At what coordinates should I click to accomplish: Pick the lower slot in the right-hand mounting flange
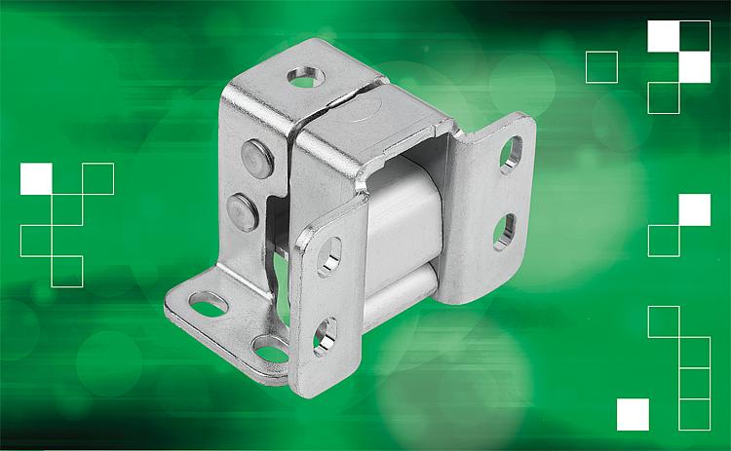[x=504, y=232]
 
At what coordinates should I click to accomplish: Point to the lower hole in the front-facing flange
[x=324, y=334]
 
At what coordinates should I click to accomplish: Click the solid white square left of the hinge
[x=36, y=178]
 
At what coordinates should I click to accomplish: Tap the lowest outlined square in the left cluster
[x=67, y=271]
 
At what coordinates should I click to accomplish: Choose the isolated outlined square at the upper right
[x=601, y=66]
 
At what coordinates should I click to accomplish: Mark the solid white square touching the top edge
[x=664, y=36]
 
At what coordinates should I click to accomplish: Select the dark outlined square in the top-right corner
[x=695, y=36]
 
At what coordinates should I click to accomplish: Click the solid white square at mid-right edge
[x=695, y=209]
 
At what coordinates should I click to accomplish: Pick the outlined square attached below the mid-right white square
[x=664, y=241]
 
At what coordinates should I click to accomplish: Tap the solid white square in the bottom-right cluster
[x=633, y=414]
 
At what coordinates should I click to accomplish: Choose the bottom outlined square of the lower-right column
[x=695, y=414]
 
